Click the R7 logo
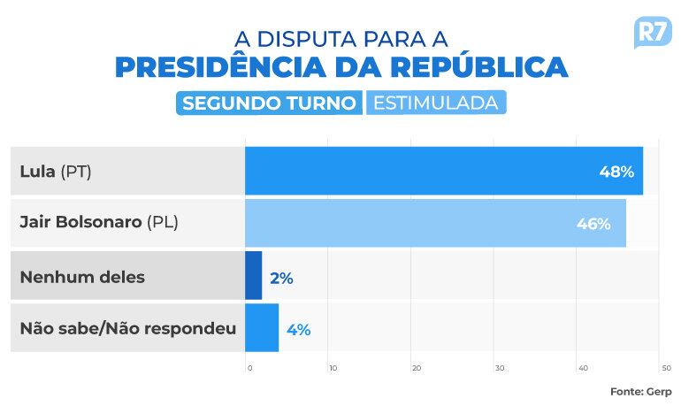click(x=653, y=34)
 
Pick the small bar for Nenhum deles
click(x=253, y=276)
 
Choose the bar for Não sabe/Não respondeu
click(x=261, y=328)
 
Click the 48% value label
click(x=616, y=172)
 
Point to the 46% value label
click(x=593, y=224)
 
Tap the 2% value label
click(x=281, y=278)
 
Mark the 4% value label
click(x=298, y=330)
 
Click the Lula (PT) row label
click(x=56, y=172)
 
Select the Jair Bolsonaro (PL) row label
click(x=99, y=223)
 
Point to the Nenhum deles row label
click(x=82, y=277)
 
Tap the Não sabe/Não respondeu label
click(x=127, y=329)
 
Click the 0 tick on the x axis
click(x=249, y=368)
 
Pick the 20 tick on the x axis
click(x=416, y=368)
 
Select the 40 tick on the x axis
click(x=582, y=368)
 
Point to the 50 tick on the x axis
click(x=665, y=368)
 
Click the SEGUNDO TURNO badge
click(x=270, y=103)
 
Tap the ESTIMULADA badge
click(x=435, y=103)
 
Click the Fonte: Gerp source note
click(x=641, y=391)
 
